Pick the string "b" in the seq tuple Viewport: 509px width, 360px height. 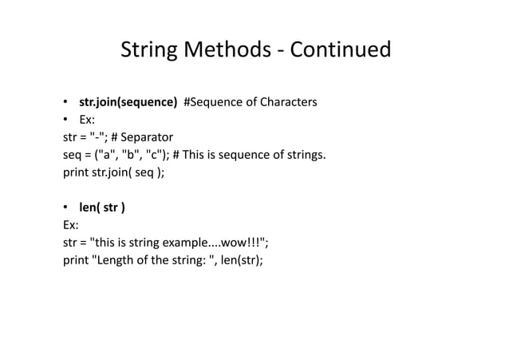pos(133,154)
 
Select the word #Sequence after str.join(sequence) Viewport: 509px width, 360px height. pos(213,102)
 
